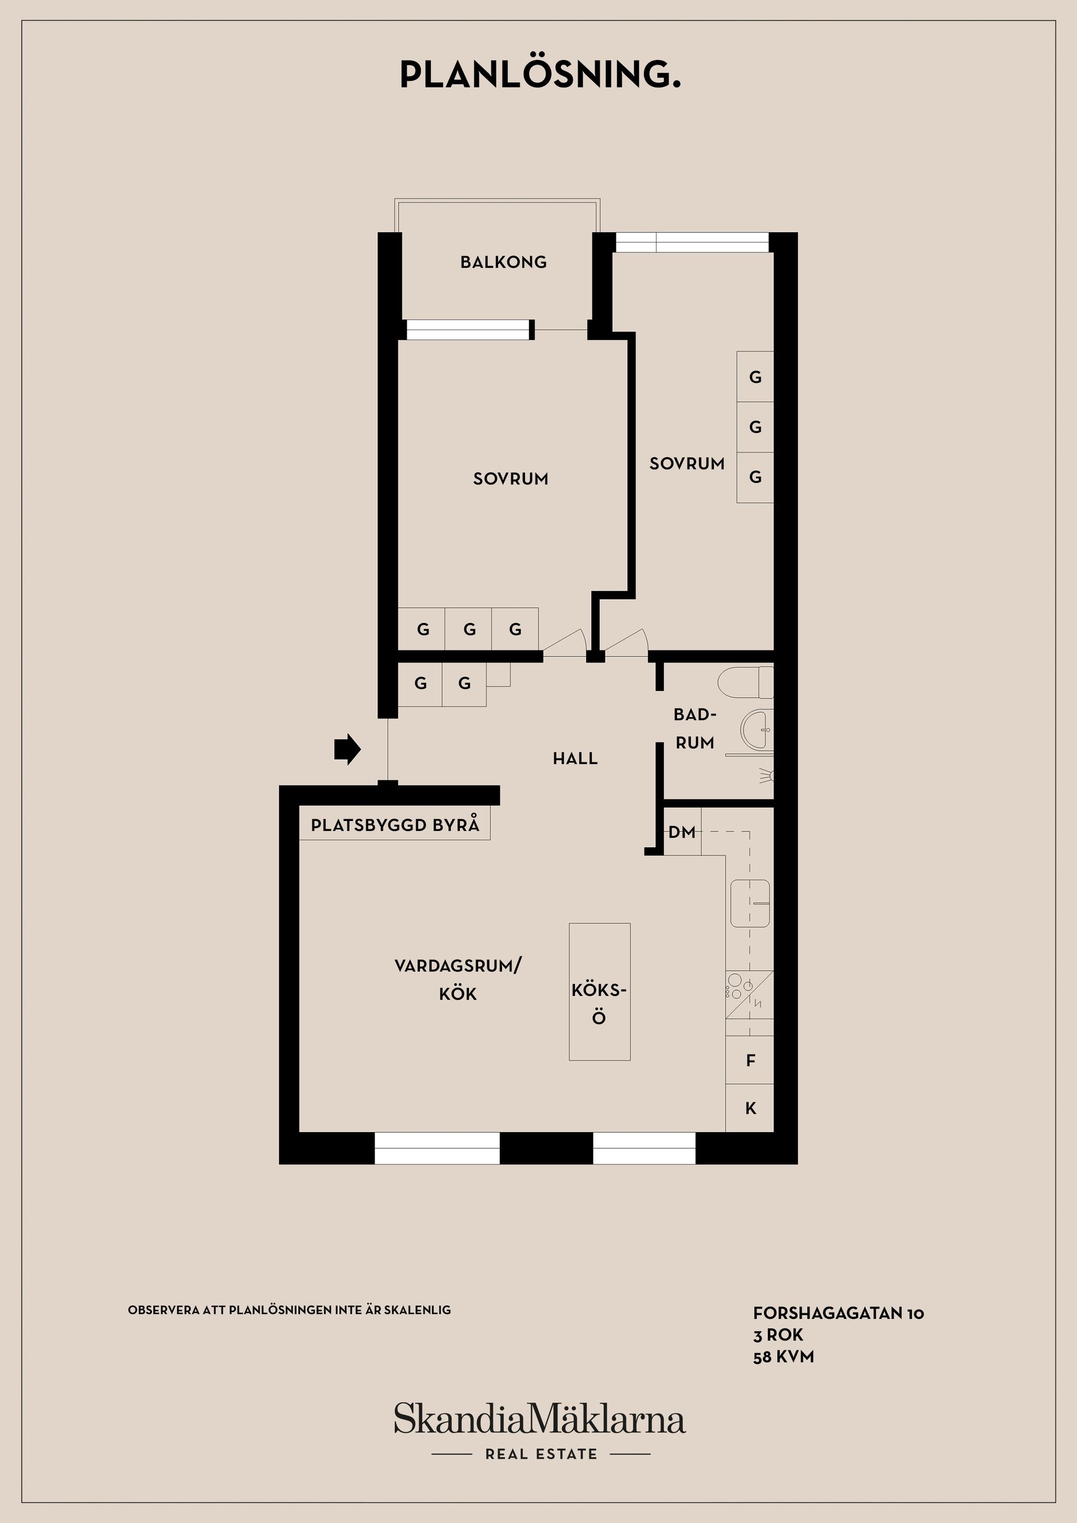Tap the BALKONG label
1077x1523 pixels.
(x=504, y=262)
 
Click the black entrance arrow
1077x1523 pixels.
(x=347, y=750)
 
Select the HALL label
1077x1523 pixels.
(x=576, y=758)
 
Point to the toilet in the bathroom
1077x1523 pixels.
(x=747, y=682)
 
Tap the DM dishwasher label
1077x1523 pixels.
(x=682, y=832)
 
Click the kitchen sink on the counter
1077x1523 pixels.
(x=750, y=903)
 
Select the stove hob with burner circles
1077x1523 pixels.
(x=750, y=993)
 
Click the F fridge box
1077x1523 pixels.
(x=750, y=1060)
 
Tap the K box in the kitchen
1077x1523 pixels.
(x=750, y=1107)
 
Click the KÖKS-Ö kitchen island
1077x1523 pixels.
(x=600, y=991)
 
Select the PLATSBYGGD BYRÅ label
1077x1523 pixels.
(x=395, y=825)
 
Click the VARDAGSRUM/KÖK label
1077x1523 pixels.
(x=458, y=979)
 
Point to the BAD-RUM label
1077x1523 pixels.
(x=695, y=728)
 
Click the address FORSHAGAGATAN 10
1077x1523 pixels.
(x=838, y=1313)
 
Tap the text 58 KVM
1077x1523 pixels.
(x=783, y=1356)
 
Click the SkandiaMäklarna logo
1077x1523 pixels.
(x=540, y=1419)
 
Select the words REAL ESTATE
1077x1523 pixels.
(x=541, y=1454)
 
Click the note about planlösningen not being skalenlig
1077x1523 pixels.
(x=289, y=1310)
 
